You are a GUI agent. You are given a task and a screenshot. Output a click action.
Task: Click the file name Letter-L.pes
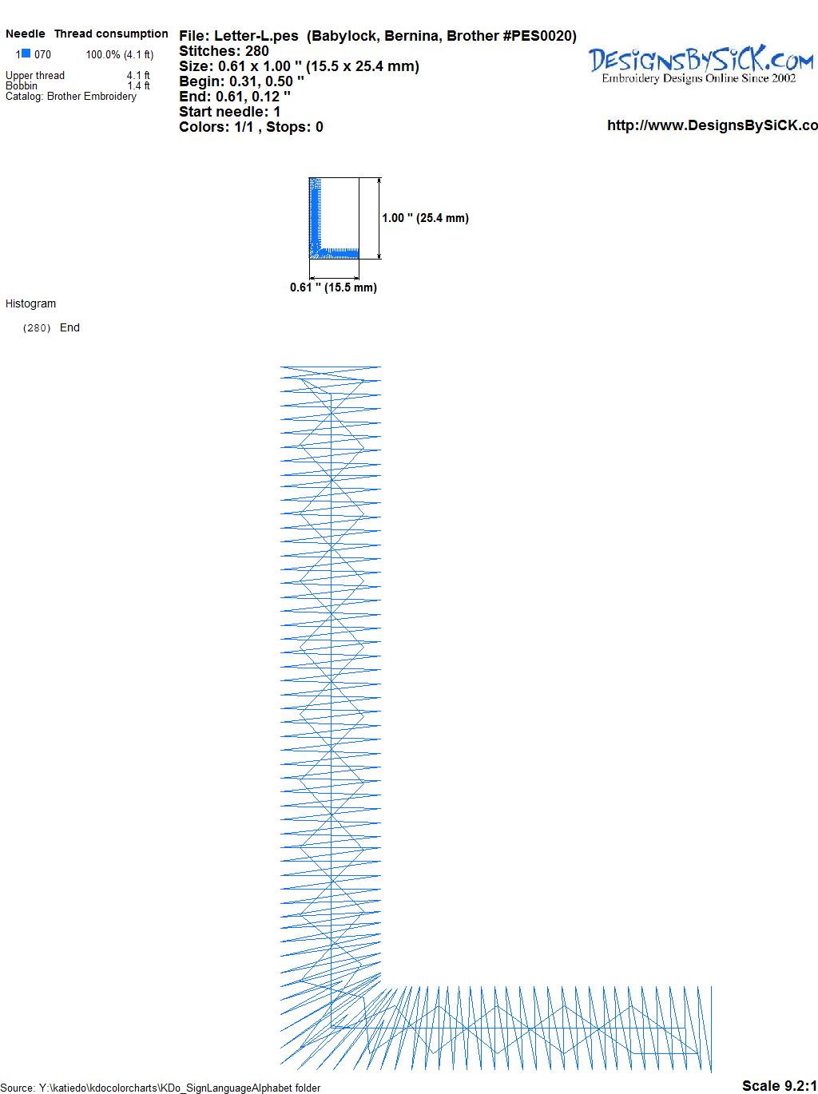(x=256, y=36)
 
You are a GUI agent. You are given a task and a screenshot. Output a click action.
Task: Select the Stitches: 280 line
(x=224, y=51)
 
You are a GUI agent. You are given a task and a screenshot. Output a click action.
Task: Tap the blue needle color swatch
(x=26, y=54)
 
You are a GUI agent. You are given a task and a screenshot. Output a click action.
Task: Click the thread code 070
(x=42, y=54)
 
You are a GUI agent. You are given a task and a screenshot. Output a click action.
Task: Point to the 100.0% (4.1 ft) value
(x=120, y=54)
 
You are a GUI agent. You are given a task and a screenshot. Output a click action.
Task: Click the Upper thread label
(x=35, y=75)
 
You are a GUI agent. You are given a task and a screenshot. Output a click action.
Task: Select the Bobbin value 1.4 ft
(x=138, y=85)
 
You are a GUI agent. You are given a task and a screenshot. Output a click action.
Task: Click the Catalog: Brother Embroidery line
(x=71, y=96)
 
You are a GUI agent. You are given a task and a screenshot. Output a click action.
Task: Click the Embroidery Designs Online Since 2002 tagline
(x=699, y=78)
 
